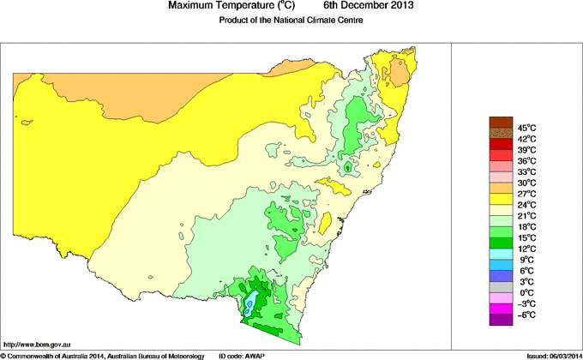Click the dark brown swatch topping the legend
[501, 122]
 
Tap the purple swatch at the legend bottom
[501, 320]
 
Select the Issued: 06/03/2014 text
[550, 355]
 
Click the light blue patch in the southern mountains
[251, 303]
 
